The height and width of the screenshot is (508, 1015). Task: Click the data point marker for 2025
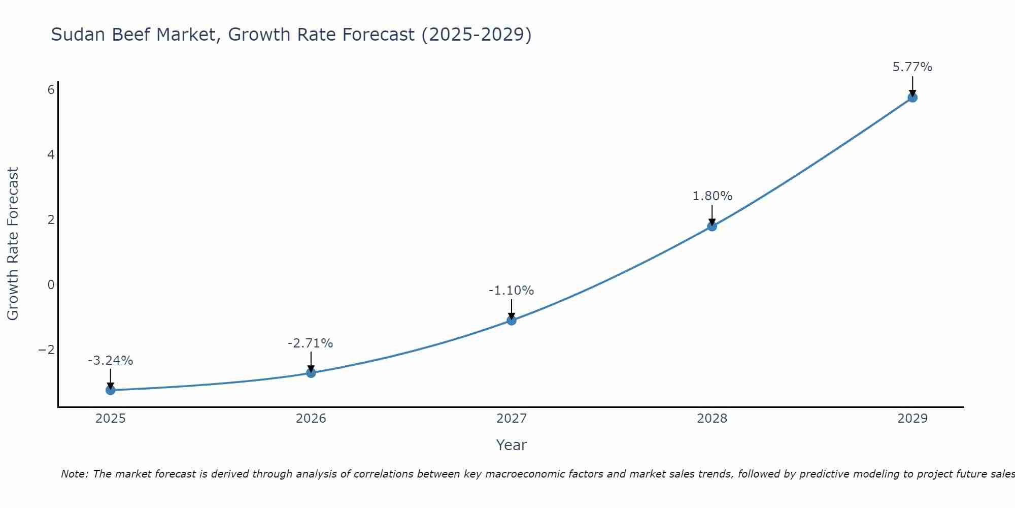pos(111,390)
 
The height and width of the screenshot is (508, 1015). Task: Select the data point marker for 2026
pos(311,373)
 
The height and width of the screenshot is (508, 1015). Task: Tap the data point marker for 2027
pos(512,321)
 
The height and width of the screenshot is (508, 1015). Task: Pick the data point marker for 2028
pos(712,227)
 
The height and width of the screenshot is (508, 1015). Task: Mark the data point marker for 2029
pos(912,98)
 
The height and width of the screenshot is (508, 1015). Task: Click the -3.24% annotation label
pos(111,361)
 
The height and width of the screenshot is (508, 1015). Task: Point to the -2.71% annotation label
pos(311,343)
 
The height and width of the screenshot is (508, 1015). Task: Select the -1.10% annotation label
pos(511,291)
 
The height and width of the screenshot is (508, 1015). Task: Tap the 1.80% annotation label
pos(712,196)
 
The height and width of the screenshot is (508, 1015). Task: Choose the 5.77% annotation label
pos(912,67)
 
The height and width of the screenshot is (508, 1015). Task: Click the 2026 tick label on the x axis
pos(311,419)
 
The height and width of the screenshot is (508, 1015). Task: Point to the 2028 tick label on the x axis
pos(712,419)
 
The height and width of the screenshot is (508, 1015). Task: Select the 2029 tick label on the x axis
pos(912,419)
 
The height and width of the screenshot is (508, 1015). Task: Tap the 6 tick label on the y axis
pos(51,90)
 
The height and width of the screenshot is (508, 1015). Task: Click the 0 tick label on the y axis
pos(51,285)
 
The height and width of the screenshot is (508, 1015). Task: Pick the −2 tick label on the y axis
pos(47,350)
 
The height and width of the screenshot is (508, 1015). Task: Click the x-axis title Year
pos(512,445)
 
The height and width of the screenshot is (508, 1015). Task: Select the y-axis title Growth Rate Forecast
pos(13,244)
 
